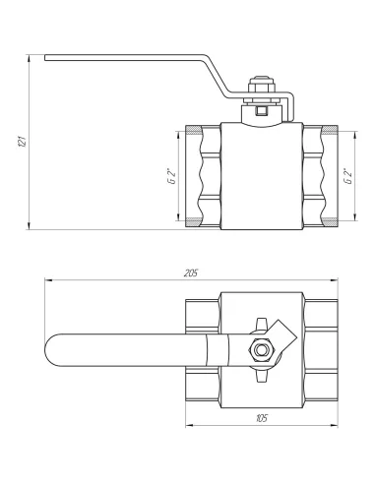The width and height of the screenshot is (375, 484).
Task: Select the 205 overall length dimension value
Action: (191, 272)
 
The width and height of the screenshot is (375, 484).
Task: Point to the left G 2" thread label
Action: (170, 177)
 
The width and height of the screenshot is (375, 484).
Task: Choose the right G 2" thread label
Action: (347, 177)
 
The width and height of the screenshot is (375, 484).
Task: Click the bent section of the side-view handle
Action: (221, 78)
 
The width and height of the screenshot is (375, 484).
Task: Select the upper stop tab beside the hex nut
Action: (261, 323)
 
